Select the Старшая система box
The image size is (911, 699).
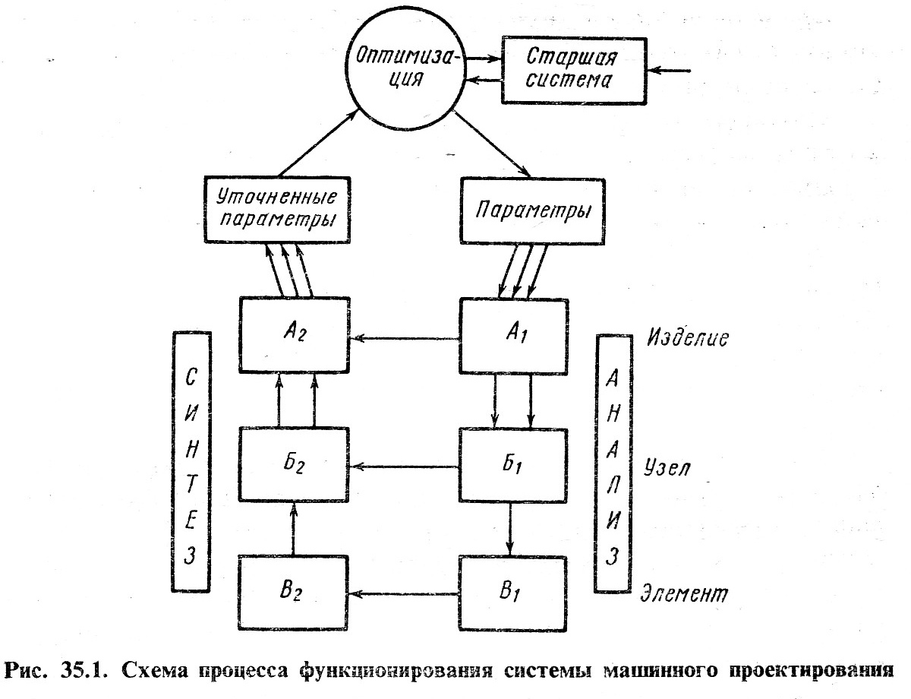coord(574,71)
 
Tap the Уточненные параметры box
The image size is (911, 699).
coord(277,210)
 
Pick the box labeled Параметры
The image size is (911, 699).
coord(532,211)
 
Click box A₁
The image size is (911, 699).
coord(514,336)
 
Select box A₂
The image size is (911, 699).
coord(295,335)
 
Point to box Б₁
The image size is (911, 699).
coord(513,465)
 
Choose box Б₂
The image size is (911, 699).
coord(294,464)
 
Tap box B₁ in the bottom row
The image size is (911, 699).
coord(512,593)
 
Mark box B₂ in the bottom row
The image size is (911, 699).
coord(293,593)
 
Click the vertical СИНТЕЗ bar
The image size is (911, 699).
coord(191,462)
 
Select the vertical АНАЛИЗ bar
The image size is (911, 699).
coord(613,463)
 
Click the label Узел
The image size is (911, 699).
coord(667,467)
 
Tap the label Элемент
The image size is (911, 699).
coord(684,594)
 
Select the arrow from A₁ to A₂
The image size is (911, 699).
coord(405,337)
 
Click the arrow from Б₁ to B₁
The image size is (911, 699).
coord(510,530)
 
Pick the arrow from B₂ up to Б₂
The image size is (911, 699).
coord(293,529)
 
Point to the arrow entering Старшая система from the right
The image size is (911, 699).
coord(669,71)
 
